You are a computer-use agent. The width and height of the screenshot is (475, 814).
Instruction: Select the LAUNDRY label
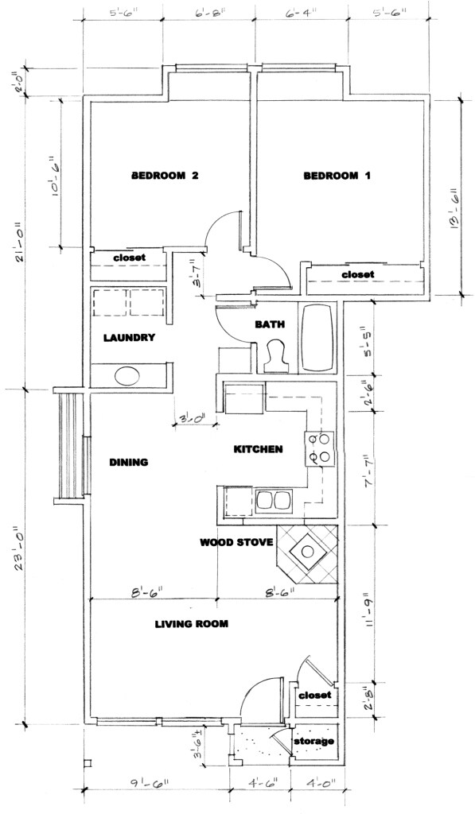click(x=129, y=338)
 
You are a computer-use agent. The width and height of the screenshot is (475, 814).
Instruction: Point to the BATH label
click(x=265, y=324)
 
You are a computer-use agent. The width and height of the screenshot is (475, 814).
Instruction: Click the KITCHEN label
click(x=258, y=449)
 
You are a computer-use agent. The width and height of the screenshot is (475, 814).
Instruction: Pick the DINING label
click(x=129, y=462)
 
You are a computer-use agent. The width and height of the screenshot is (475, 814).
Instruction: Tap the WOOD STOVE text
click(x=236, y=543)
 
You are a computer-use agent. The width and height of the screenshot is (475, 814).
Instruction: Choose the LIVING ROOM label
click(x=191, y=624)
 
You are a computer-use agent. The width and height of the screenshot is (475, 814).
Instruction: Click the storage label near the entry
click(x=315, y=741)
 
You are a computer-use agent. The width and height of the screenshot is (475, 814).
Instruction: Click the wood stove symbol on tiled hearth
click(x=306, y=549)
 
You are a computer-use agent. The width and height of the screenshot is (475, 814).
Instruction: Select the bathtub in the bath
click(x=319, y=337)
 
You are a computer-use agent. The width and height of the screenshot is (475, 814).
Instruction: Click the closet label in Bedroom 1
click(x=357, y=274)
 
